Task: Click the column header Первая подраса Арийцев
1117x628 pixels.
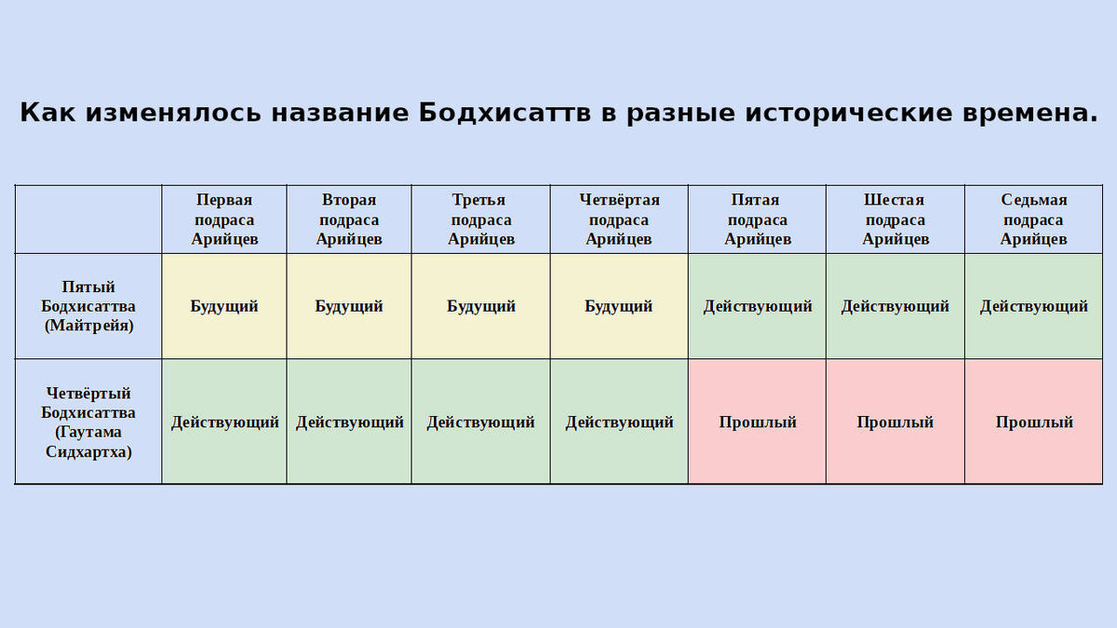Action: point(224,220)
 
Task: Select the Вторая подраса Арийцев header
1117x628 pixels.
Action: point(349,220)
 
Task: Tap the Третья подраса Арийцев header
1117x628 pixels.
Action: point(481,220)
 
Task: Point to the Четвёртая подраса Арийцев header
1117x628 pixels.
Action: point(619,220)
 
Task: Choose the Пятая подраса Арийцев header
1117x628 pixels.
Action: point(757,220)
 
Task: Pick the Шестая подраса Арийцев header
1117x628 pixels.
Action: point(895,220)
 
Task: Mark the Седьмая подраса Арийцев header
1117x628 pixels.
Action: point(1033,220)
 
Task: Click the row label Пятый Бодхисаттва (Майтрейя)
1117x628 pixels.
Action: point(88,306)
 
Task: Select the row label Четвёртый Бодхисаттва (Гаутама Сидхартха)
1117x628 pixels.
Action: point(88,422)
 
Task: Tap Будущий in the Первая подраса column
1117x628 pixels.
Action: point(224,306)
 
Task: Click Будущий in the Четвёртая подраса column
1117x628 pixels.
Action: point(619,306)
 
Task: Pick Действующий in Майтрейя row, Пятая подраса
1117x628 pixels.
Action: point(757,306)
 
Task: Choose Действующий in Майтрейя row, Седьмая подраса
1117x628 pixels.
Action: point(1033,306)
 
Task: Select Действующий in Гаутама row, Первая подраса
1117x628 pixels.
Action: point(224,422)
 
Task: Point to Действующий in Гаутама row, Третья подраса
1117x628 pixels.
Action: point(481,422)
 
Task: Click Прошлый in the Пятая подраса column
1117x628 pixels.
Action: point(757,422)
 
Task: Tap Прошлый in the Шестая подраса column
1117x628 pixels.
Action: point(895,422)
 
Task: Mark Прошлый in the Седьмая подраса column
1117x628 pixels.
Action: point(1033,422)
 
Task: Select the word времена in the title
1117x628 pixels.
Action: point(1030,114)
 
